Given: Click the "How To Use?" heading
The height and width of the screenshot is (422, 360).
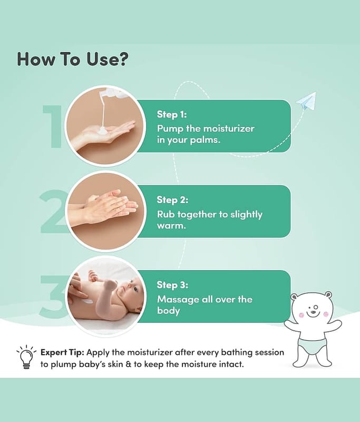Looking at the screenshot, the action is (x=73, y=59).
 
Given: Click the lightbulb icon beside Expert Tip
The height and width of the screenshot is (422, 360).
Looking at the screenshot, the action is (x=26, y=357).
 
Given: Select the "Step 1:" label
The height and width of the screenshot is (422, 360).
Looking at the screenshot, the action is (x=172, y=114).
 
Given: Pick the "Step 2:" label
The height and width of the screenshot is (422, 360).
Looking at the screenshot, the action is (x=172, y=200).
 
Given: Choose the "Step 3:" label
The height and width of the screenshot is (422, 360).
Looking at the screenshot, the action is (x=172, y=285).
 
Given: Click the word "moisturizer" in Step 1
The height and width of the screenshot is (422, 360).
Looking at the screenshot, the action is (x=229, y=128).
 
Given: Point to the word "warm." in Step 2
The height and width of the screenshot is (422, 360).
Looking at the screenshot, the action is (x=171, y=226).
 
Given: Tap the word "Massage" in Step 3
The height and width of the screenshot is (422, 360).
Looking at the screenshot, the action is (x=178, y=300).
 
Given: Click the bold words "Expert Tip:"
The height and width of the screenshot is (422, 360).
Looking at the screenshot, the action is (x=62, y=352).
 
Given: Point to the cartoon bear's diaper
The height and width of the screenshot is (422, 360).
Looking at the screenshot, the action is (x=313, y=347).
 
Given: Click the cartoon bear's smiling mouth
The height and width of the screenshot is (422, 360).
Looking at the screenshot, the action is (x=313, y=313).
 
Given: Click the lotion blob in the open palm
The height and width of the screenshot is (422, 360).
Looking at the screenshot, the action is (x=102, y=131).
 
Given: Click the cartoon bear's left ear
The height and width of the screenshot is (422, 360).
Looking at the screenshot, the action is (x=295, y=298).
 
